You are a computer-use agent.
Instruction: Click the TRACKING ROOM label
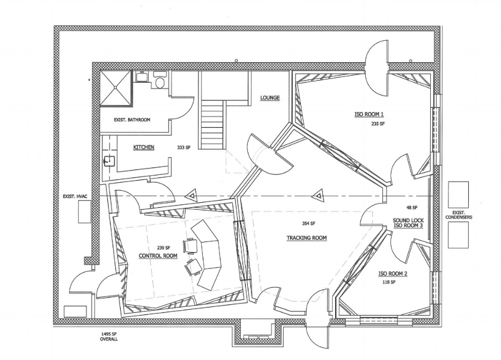tap(306, 238)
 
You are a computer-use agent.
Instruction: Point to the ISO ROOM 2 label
tap(393, 274)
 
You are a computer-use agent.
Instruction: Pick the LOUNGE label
tap(270, 98)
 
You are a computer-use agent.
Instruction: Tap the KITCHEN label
tap(144, 147)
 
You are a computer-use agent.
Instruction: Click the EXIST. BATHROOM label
tap(131, 120)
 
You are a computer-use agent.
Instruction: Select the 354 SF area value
tap(308, 224)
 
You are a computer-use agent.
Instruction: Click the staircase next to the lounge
tap(212, 123)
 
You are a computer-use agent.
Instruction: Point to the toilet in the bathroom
tap(159, 82)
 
